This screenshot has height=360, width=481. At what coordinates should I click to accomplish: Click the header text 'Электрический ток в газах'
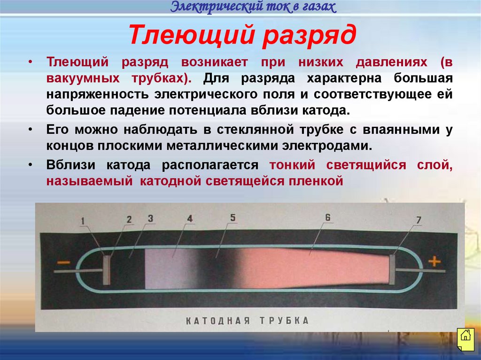253,7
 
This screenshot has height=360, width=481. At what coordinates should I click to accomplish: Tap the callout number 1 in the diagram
82,220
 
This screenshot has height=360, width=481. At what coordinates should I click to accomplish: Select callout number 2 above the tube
129,219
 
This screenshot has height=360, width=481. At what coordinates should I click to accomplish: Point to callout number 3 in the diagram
150,218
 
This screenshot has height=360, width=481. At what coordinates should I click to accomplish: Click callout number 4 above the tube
189,218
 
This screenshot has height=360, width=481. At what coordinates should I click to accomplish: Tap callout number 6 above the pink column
328,217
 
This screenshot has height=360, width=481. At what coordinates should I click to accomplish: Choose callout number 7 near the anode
419,219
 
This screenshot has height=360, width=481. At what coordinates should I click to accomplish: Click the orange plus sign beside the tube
434,261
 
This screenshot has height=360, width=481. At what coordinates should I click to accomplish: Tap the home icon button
465,336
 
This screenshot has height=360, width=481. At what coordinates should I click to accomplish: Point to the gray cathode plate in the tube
107,269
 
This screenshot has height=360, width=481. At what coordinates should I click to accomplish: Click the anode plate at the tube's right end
392,269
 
